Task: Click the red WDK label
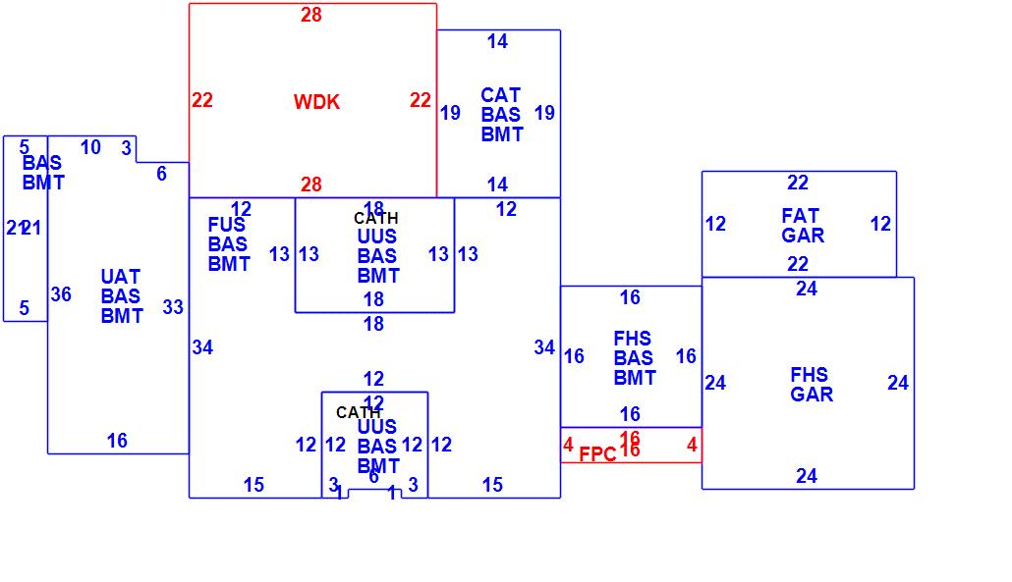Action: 316,102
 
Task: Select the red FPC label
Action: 597,454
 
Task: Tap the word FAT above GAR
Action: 800,216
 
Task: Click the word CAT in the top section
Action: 500,95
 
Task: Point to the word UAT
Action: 121,277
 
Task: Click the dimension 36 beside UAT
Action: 61,294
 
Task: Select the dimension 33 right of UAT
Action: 173,307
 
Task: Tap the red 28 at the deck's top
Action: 311,15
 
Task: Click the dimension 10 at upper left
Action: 90,148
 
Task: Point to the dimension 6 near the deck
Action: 161,174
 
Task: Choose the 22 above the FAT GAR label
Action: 798,183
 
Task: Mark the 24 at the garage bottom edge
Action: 807,476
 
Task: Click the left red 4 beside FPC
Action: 568,445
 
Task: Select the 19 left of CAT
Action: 450,113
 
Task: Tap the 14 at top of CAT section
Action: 497,41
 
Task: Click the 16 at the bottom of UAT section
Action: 117,441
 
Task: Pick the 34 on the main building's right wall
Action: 544,347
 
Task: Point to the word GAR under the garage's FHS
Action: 812,395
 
